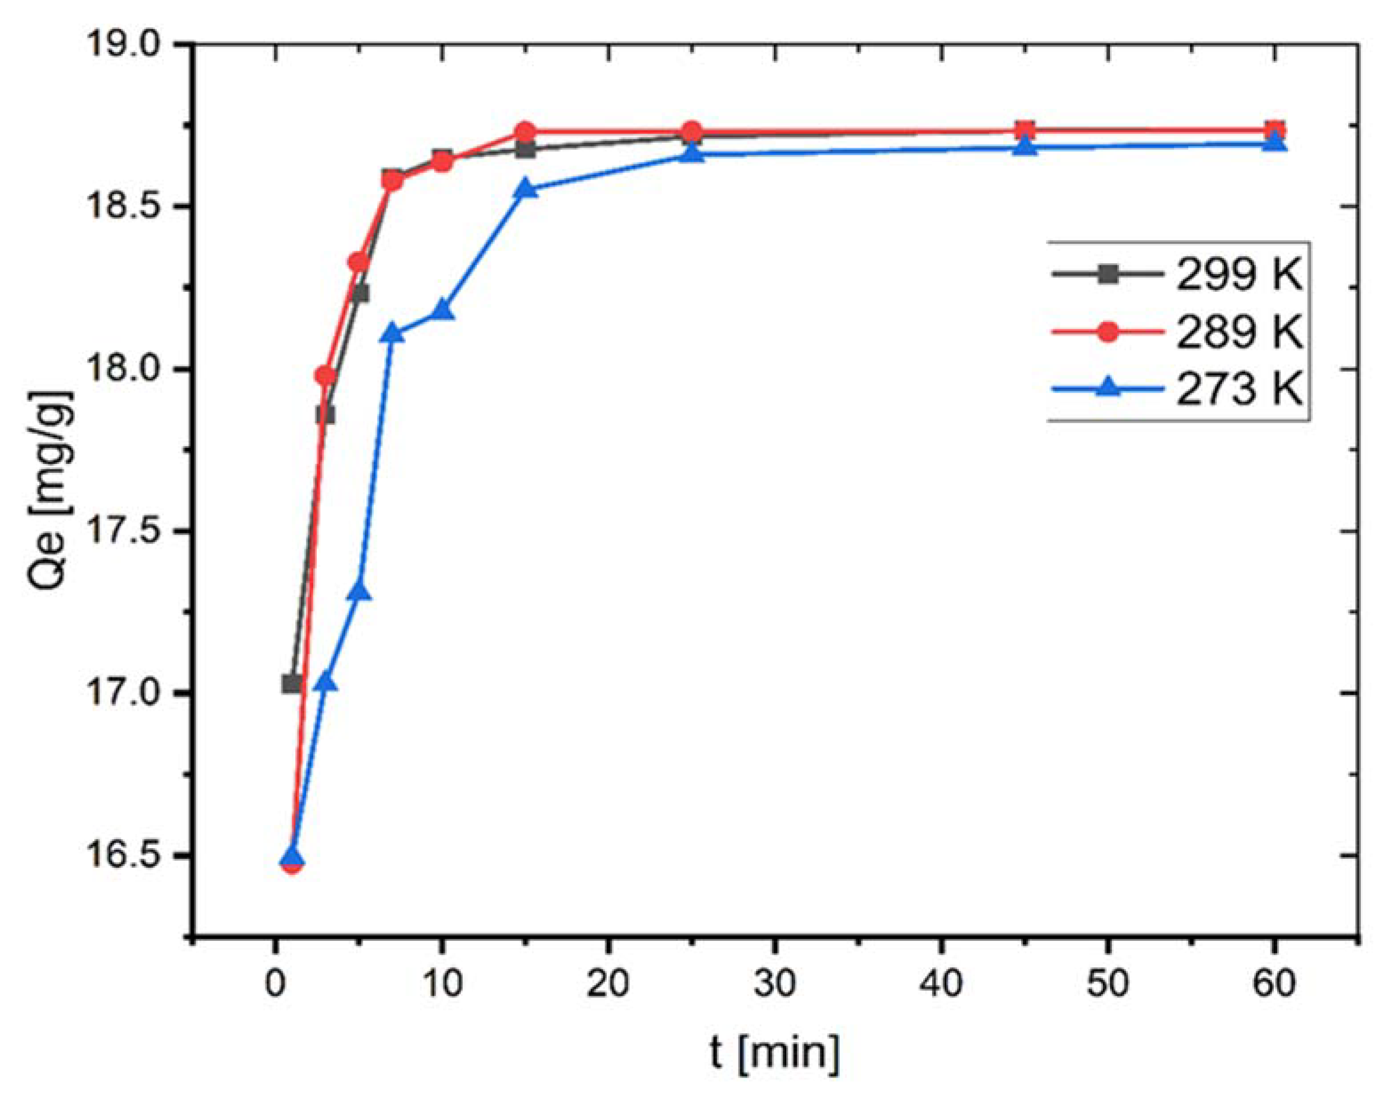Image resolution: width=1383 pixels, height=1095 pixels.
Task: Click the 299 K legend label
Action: [x=1238, y=276]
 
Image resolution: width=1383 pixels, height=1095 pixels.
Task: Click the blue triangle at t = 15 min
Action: [x=525, y=188]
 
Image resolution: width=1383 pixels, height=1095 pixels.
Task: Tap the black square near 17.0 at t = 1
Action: [x=292, y=684]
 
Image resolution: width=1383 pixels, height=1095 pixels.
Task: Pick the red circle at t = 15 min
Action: [x=525, y=132]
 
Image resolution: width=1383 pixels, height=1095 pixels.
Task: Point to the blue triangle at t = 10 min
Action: [x=442, y=310]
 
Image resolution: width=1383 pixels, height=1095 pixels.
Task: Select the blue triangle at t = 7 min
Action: [x=392, y=333]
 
